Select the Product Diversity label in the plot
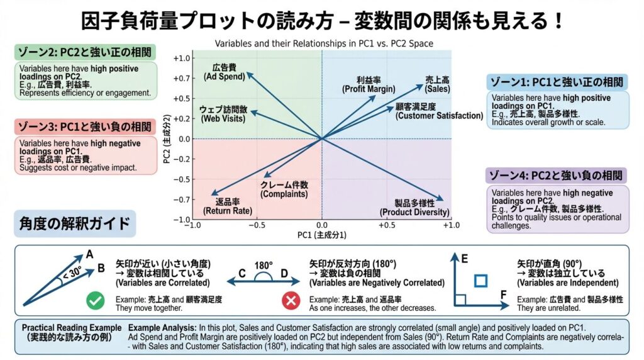click(414, 208)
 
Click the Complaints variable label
click(284, 189)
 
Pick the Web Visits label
click(223, 113)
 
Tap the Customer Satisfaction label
click(439, 111)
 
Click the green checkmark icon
click(96, 301)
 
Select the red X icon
click(291, 301)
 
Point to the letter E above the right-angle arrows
click(465, 258)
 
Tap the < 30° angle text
click(72, 273)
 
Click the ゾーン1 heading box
click(557, 82)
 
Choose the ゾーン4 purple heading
click(557, 175)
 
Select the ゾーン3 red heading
click(85, 126)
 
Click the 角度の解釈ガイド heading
click(75, 223)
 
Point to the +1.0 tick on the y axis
click(181, 59)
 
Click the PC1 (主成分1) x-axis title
click(322, 235)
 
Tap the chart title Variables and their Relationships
click(324, 44)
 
